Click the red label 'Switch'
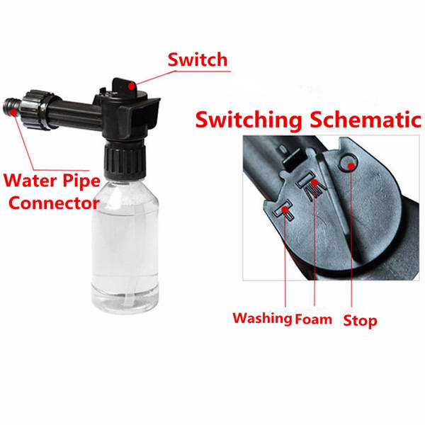[x=198, y=59]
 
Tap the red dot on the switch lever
[x=132, y=86]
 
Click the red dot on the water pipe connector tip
[x=13, y=112]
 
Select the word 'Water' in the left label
[x=30, y=180]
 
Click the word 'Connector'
[x=55, y=203]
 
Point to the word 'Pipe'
[x=81, y=181]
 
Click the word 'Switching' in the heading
[x=249, y=120]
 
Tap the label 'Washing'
[x=262, y=318]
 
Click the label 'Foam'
[x=313, y=319]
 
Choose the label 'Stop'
[x=360, y=321]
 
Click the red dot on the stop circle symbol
[x=351, y=166]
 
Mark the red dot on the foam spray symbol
[x=314, y=183]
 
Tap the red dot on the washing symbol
[x=285, y=210]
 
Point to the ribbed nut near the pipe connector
[x=38, y=109]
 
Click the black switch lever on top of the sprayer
[x=126, y=86]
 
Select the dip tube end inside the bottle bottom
[x=128, y=302]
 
